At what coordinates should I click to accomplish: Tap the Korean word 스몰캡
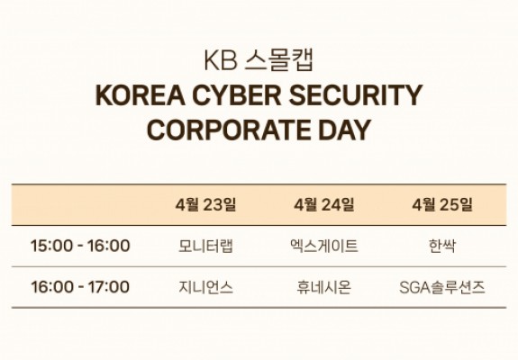tap(278, 60)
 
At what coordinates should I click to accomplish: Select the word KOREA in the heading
tap(140, 95)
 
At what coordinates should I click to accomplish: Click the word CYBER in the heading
tap(237, 95)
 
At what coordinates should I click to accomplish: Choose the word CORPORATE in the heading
tap(228, 130)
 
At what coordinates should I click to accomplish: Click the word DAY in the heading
tap(344, 130)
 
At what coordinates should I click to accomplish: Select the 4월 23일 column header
tap(205, 204)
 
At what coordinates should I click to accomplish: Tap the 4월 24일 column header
tap(324, 204)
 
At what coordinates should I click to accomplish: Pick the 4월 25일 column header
tap(442, 204)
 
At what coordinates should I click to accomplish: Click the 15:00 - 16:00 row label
tap(80, 246)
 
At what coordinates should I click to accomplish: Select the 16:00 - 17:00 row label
tap(80, 286)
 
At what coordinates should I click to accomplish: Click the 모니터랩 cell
tap(205, 246)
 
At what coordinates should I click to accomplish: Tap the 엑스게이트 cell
tap(324, 246)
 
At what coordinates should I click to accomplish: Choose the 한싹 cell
tap(442, 246)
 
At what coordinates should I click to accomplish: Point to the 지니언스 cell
tap(205, 287)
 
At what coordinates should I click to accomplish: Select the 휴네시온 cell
tap(324, 287)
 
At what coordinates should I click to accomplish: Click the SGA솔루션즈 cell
tap(442, 287)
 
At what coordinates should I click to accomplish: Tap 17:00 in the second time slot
tap(109, 286)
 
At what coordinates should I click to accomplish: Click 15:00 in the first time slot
tap(51, 246)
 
